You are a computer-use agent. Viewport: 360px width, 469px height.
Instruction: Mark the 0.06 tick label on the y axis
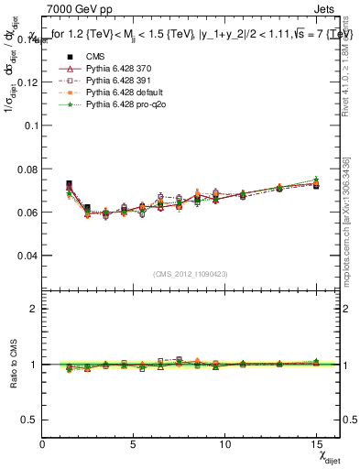28,212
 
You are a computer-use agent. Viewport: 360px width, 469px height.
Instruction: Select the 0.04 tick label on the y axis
28,256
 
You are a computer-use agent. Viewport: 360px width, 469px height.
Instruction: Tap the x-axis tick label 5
133,444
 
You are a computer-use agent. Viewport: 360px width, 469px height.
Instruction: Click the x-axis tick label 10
224,444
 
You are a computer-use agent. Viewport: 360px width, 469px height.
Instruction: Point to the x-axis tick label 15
315,444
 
